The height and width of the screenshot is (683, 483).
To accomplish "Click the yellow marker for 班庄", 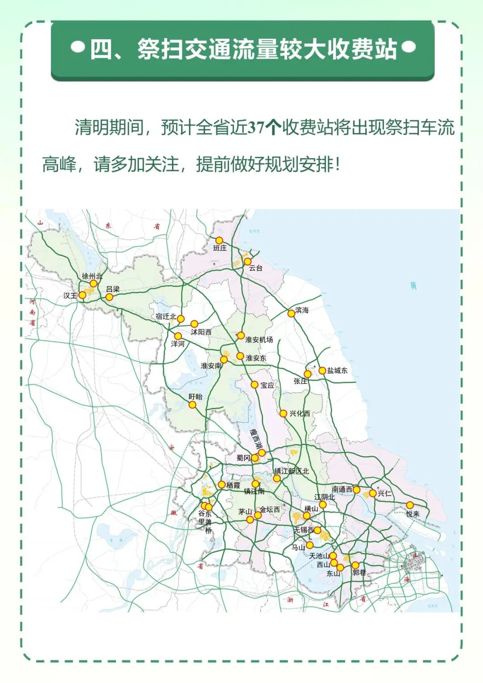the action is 219,241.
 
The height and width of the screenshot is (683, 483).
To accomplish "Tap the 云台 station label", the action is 256,268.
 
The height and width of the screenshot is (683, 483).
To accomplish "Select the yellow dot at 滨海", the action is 291,314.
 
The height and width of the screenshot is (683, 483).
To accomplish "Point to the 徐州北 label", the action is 92,276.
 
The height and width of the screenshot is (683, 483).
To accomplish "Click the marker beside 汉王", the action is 82,295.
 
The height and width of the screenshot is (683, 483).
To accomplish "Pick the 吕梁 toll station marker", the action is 109,297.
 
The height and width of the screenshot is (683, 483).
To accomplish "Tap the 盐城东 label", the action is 337,370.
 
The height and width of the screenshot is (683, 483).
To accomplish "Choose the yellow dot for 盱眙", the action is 192,405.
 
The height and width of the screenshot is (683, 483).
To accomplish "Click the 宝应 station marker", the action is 254,385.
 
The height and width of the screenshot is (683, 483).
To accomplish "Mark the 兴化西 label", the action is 300,413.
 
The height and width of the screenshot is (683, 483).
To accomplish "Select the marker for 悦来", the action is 410,505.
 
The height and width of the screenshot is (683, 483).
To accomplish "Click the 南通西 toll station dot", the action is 356,490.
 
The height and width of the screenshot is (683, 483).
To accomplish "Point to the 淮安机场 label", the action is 259,339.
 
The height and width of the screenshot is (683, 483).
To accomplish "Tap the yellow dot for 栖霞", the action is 221,484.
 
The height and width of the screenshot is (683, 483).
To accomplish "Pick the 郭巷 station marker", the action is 355,565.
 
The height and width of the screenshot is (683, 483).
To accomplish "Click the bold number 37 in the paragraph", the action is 256,127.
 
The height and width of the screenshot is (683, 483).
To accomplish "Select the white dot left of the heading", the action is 78,47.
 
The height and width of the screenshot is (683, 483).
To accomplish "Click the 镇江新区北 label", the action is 292,471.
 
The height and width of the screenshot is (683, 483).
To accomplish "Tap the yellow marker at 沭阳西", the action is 194,324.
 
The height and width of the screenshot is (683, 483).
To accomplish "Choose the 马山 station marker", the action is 309,545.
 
